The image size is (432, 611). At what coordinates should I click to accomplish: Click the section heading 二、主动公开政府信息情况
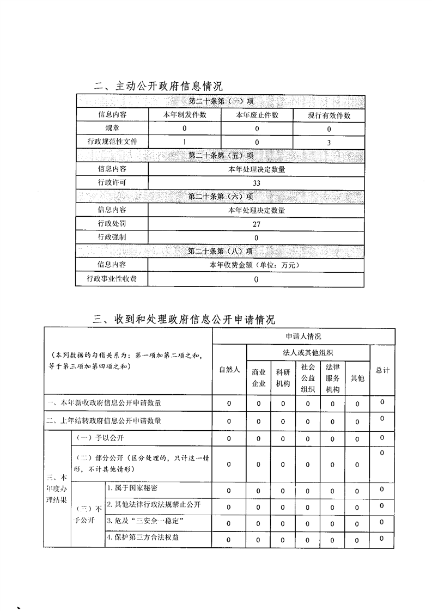[158, 86]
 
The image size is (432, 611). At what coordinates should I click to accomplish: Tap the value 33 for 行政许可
[257, 183]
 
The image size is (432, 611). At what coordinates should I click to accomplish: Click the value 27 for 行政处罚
[257, 224]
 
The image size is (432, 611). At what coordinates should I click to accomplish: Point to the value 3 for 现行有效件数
[329, 142]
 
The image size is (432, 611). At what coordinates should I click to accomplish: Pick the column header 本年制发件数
[185, 115]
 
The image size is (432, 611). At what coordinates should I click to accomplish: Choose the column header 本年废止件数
[257, 115]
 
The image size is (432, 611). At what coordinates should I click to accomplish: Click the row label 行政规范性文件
[112, 142]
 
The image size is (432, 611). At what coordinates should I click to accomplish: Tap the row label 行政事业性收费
[112, 279]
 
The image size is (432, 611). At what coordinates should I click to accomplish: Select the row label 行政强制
[112, 237]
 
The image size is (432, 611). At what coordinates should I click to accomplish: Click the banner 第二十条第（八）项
[221, 252]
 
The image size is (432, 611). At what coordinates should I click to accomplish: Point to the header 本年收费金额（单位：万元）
[257, 265]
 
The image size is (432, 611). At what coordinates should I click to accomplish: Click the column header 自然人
[229, 370]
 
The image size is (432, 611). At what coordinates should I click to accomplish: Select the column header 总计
[382, 370]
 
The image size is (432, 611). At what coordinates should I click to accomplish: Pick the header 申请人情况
[303, 337]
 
